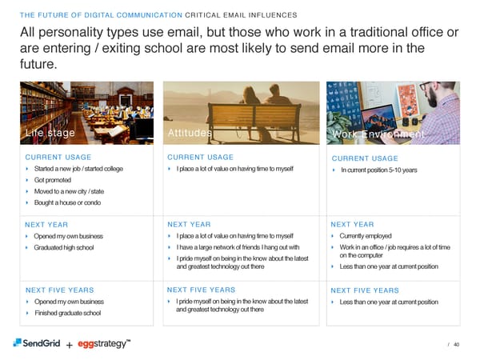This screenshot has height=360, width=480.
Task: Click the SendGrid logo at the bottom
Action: click(x=35, y=343)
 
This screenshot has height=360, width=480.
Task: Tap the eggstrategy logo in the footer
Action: click(x=104, y=343)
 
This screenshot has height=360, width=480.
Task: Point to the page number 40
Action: click(x=456, y=345)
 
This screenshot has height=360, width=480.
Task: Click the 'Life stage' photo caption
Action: click(x=50, y=133)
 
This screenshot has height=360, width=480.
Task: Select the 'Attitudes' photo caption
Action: click(x=190, y=133)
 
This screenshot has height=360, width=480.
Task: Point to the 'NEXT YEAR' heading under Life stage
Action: click(x=47, y=225)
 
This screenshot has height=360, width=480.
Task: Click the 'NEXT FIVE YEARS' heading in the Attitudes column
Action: click(x=201, y=290)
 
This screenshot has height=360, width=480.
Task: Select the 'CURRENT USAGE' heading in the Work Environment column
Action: click(x=364, y=158)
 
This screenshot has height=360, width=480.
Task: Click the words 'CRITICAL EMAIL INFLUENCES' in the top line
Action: click(x=241, y=15)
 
